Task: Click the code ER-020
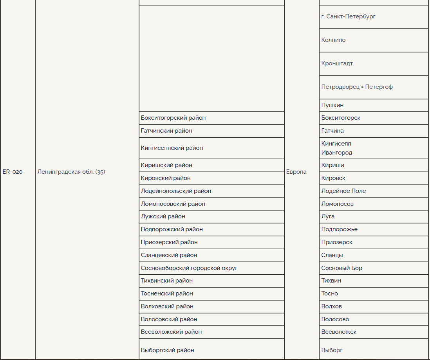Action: (x=13, y=172)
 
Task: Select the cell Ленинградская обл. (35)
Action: (x=71, y=172)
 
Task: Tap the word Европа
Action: (x=296, y=172)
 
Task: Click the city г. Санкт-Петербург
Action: (x=348, y=16)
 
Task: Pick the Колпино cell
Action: (x=333, y=40)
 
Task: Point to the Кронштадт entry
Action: (x=337, y=63)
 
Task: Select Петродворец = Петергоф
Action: (x=357, y=87)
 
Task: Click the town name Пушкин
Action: (x=332, y=105)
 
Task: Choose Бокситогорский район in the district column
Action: (x=173, y=118)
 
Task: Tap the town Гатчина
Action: (x=332, y=131)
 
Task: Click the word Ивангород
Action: (x=336, y=153)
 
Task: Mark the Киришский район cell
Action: (x=166, y=165)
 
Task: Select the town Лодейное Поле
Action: (x=343, y=191)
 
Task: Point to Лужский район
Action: (x=163, y=216)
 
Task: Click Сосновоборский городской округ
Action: (x=189, y=268)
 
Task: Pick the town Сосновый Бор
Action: (x=341, y=268)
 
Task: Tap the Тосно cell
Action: (x=329, y=293)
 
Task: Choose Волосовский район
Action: (x=169, y=319)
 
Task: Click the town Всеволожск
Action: (x=339, y=332)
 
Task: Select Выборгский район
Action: (x=167, y=350)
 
